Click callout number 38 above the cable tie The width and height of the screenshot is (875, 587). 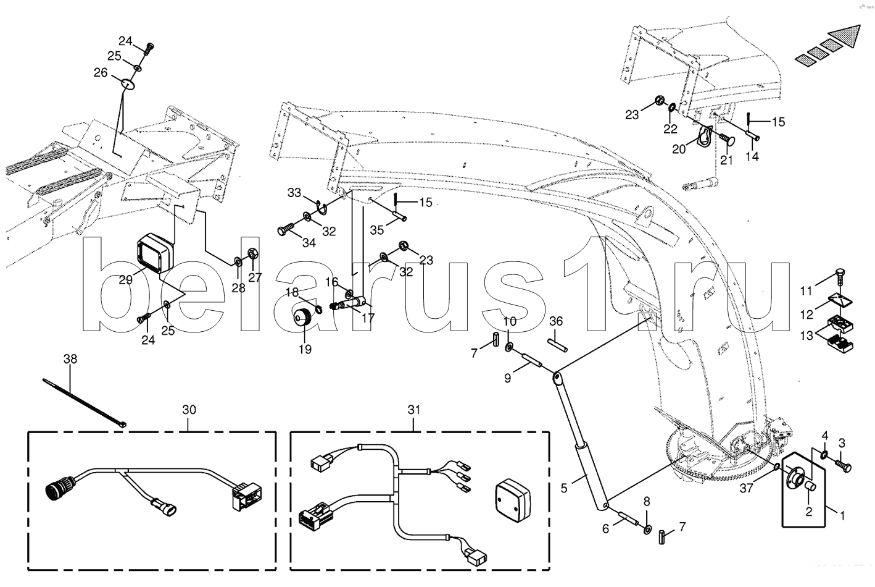tap(70, 358)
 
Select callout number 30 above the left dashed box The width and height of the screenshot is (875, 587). tap(189, 410)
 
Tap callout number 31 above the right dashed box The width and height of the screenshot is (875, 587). tap(413, 410)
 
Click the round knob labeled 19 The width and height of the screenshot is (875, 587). tap(304, 320)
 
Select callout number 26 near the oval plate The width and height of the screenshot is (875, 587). tap(101, 72)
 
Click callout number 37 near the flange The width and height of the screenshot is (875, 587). tap(747, 490)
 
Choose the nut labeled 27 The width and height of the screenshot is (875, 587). tap(252, 253)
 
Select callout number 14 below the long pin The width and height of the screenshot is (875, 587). tap(752, 156)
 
